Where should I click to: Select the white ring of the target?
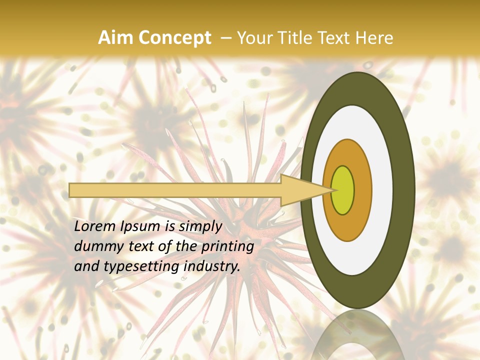pos(381,190)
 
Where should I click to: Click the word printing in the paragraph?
pos(227,246)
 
